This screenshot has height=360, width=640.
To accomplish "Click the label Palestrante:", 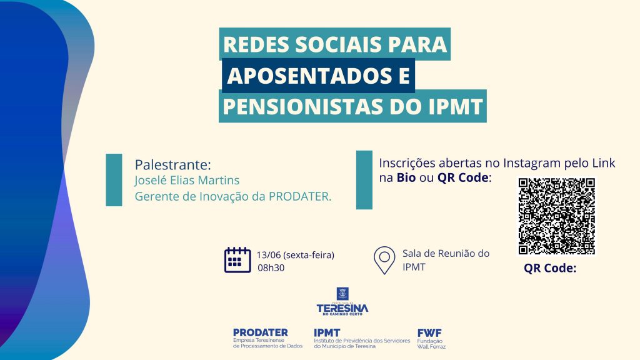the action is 173,164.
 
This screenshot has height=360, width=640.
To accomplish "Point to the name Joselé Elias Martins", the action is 187,180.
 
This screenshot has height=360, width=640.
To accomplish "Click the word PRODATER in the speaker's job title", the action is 300,196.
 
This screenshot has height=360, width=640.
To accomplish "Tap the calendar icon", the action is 237,259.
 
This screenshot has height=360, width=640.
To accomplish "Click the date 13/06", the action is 269,255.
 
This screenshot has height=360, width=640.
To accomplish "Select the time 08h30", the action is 271,267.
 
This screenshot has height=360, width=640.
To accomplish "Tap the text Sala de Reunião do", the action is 446,254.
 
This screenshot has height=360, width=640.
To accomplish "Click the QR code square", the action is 556,216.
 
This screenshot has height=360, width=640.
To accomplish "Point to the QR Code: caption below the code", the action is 550,268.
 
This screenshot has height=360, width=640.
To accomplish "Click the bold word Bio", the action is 406,177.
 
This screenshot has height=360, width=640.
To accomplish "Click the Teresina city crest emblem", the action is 342,294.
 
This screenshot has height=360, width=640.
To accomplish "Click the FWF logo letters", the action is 429,333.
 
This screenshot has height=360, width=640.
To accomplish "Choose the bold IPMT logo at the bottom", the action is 326,333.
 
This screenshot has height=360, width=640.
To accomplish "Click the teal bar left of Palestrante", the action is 114,180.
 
